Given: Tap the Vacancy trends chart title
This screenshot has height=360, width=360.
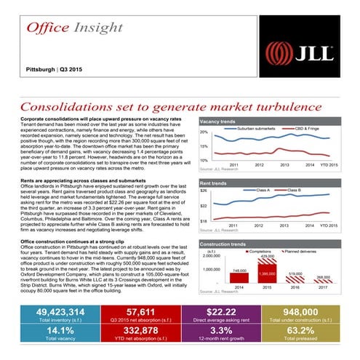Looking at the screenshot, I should click(217, 121).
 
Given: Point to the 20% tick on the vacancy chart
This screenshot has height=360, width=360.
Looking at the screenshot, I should click(204, 132).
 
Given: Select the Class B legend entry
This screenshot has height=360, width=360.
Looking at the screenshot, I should click(295, 191).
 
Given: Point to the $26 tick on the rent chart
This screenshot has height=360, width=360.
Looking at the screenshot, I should click(204, 191).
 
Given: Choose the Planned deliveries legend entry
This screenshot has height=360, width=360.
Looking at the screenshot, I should click(300, 251).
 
